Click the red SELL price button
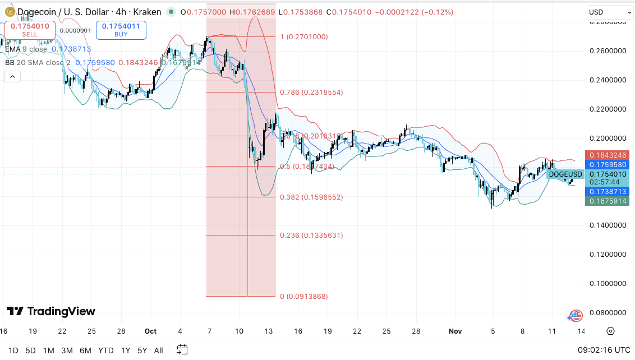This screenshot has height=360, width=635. click(30, 30)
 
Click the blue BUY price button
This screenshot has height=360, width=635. click(121, 30)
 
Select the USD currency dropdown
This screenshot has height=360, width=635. click(610, 12)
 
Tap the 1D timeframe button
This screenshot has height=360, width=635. click(13, 350)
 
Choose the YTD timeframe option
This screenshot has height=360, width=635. click(105, 350)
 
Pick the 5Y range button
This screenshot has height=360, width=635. click(142, 350)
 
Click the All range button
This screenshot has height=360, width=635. click(159, 350)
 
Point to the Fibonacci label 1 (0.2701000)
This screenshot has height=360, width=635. click(303, 37)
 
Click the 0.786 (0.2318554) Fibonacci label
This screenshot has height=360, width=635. click(311, 92)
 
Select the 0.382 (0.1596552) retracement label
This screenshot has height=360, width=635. click(311, 197)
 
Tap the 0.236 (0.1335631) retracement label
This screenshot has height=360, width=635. click(311, 236)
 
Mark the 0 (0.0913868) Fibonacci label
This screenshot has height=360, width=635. click(303, 297)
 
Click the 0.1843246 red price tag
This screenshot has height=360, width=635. click(607, 155)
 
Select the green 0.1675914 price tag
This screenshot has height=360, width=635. click(607, 201)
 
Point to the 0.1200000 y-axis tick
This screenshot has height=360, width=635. click(608, 254)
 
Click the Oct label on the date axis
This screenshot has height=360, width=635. click(150, 331)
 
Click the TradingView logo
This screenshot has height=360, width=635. click(51, 311)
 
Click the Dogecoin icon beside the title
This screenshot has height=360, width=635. click(9, 12)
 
